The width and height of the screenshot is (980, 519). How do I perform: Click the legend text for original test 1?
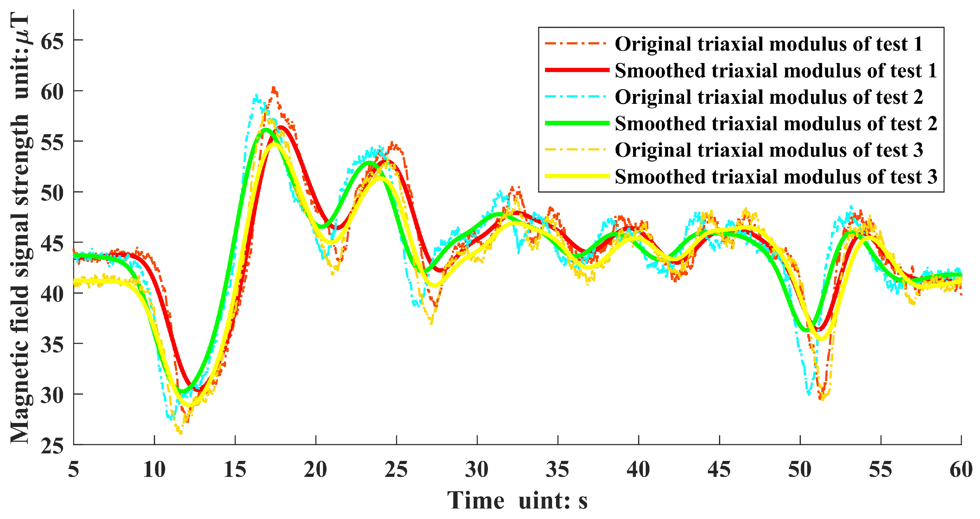pyautogui.click(x=768, y=44)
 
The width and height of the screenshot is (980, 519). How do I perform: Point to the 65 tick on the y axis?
pyautogui.click(x=52, y=40)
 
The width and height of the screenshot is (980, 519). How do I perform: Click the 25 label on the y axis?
pyautogui.click(x=52, y=446)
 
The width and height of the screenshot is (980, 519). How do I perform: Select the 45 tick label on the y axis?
pyautogui.click(x=52, y=243)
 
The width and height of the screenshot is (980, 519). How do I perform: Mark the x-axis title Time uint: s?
pyautogui.click(x=517, y=500)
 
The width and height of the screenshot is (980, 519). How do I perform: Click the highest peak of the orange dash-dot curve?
pyautogui.click(x=273, y=88)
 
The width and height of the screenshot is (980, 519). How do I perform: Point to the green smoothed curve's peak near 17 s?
pyautogui.click(x=266, y=130)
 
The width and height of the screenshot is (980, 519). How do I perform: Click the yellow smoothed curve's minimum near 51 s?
pyautogui.click(x=821, y=339)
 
